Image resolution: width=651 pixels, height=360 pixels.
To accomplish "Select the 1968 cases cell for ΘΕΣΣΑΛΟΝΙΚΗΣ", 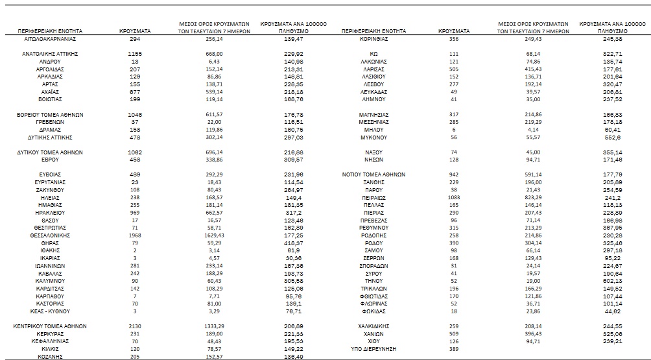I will point(136,235).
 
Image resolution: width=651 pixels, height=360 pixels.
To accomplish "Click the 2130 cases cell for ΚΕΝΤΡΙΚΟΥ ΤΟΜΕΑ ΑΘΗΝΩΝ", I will point(136,326).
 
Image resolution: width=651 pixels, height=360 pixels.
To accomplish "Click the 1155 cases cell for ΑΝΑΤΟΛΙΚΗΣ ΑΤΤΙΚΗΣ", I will point(136,53).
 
